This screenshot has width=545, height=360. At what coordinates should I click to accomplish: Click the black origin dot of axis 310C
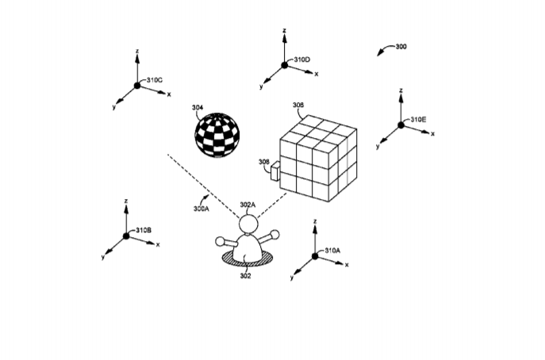pos(137,86)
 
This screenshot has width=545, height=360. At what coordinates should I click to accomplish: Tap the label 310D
pos(302,59)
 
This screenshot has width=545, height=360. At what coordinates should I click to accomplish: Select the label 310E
pos(418,120)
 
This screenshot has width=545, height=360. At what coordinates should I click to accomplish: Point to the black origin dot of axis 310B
pos(126,236)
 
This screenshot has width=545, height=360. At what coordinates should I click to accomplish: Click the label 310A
pos(332,251)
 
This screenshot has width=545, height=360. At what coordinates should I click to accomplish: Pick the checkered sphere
pos(217,135)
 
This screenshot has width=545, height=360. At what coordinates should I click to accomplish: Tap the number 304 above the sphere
pos(198,108)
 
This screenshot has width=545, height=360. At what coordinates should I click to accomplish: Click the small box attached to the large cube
pos(275,171)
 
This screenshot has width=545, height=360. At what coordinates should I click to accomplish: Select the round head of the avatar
pos(248,224)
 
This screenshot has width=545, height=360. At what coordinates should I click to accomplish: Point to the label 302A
pos(248,205)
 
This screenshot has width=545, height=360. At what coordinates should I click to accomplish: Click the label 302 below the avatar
pos(245,276)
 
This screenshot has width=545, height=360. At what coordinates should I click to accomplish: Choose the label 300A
pos(201,209)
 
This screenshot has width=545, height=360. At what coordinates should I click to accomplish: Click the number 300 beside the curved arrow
pos(401,47)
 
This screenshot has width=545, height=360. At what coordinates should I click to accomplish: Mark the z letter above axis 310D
pos(284,31)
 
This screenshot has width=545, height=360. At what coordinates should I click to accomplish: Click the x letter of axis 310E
pos(432,134)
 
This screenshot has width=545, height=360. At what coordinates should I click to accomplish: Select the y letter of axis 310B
pos(103,257)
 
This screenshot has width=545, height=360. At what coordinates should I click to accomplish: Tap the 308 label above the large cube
pos(297,105)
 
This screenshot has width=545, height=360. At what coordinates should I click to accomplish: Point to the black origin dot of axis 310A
pos(315,256)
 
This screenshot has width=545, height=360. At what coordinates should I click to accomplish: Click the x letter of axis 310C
pos(169,94)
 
